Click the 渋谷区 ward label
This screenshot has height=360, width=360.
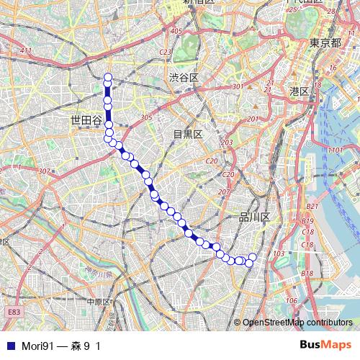pyautogui.click(x=184, y=76)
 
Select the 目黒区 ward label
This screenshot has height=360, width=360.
pyautogui.click(x=189, y=134)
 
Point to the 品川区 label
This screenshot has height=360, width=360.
pyautogui.click(x=254, y=217)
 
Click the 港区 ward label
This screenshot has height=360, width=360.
pyautogui.click(x=299, y=91)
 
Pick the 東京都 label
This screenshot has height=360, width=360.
pyautogui.click(x=325, y=43)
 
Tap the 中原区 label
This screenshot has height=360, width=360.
pyautogui.click(x=100, y=302)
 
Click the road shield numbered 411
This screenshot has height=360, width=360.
pyautogui.click(x=27, y=50)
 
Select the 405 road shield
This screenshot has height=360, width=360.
pyautogui.click(x=176, y=31)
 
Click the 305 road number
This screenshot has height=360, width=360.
pyautogui.click(x=146, y=117)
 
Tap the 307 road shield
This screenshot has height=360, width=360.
pyautogui.click(x=44, y=171)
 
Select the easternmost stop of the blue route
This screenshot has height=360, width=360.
pyautogui.click(x=253, y=257)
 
